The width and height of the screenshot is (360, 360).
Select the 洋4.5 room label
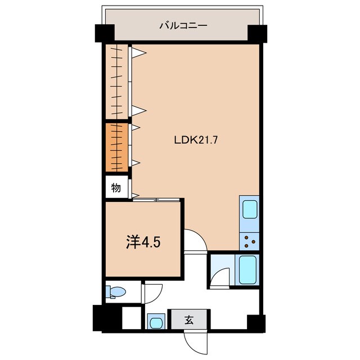[x=144, y=243]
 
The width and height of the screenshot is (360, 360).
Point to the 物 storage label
[x=116, y=188]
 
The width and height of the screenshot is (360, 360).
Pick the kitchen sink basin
[x=249, y=209]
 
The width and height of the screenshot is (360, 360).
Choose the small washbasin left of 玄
[x=156, y=322]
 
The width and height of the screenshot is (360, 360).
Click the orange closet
[x=116, y=147]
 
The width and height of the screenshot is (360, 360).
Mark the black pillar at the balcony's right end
[x=255, y=33]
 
